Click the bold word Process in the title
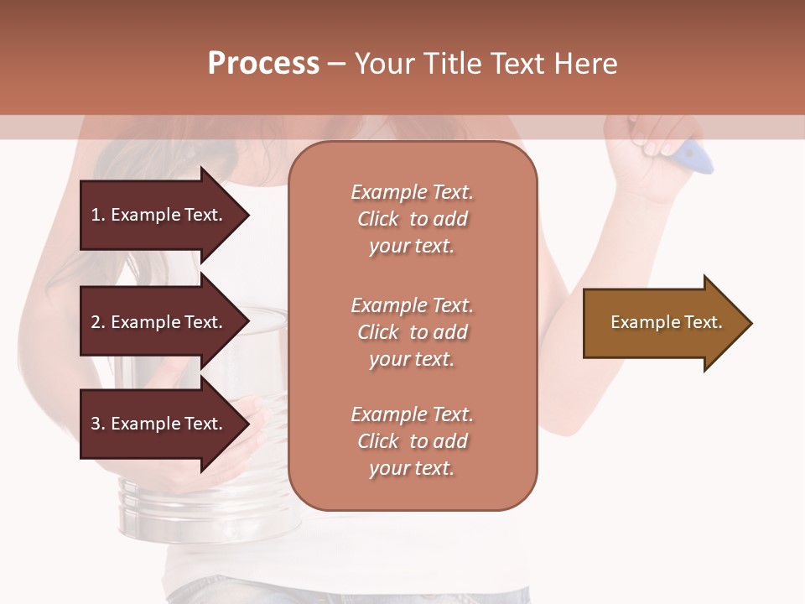(x=263, y=64)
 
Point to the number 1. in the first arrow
(x=98, y=215)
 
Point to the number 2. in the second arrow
(x=98, y=322)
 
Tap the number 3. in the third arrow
(x=98, y=424)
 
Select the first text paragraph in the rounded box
(x=412, y=219)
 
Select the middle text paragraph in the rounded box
(x=412, y=332)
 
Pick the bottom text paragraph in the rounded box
(x=412, y=441)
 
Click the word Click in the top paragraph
(x=378, y=219)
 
